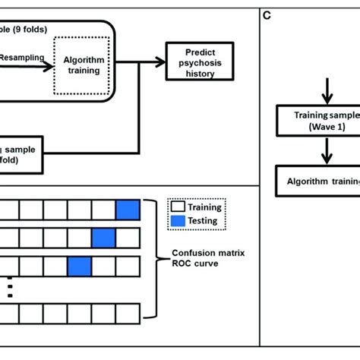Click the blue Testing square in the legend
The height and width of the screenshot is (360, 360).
tap(178, 222)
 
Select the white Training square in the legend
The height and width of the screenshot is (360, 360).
tap(178, 207)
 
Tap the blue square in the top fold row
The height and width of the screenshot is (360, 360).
tap(128, 210)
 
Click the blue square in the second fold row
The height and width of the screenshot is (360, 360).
tap(103, 238)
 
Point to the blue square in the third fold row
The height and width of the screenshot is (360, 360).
tap(79, 267)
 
